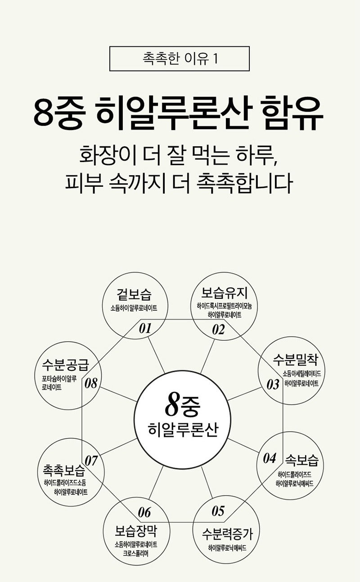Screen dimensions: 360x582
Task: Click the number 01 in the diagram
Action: (145, 329)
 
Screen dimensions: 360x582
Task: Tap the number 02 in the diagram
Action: (218, 330)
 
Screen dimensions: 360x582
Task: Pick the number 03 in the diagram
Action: (273, 384)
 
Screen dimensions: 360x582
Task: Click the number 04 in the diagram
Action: (270, 458)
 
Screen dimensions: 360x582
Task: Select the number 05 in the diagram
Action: (218, 511)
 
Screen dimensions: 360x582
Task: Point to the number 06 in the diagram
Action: (144, 513)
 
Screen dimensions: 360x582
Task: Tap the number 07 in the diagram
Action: (91, 460)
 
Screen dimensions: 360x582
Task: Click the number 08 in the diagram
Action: (91, 383)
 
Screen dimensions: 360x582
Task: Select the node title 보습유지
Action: (225, 293)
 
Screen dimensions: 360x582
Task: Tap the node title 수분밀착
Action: (296, 360)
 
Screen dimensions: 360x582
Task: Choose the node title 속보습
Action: (302, 460)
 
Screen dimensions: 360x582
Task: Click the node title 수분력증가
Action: (227, 534)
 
